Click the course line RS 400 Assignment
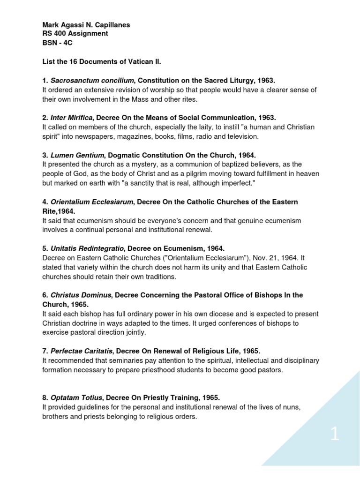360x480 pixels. (x=75, y=34)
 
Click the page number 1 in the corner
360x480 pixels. (x=334, y=435)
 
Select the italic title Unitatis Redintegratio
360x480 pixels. (x=87, y=248)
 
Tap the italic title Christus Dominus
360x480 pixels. (x=80, y=295)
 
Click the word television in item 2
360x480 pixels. (x=241, y=136)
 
